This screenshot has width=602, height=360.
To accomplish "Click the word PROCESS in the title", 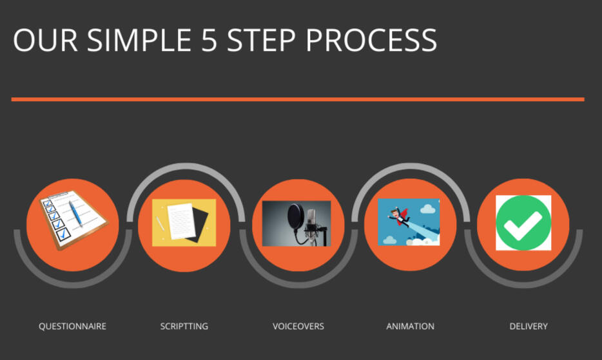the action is tap(371, 40).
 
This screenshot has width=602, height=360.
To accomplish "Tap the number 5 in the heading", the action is tap(209, 40).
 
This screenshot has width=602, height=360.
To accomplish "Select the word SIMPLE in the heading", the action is tap(139, 40).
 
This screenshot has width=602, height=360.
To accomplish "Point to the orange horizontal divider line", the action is tap(298, 99).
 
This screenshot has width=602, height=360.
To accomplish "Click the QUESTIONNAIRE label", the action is tap(73, 327).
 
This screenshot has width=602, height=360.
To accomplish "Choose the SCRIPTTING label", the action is tap(184, 327).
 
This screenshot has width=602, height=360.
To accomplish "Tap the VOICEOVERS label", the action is tap(298, 327).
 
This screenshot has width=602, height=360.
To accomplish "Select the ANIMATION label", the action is tap(411, 327).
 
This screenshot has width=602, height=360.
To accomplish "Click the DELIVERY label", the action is tap(529, 327).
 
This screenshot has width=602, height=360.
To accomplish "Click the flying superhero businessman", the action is tap(399, 216).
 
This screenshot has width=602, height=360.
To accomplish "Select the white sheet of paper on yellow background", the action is tap(181, 221).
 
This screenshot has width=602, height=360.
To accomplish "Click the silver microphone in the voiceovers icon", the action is tap(311, 220).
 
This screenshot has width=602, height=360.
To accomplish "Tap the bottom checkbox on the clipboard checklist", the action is tap(63, 234).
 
